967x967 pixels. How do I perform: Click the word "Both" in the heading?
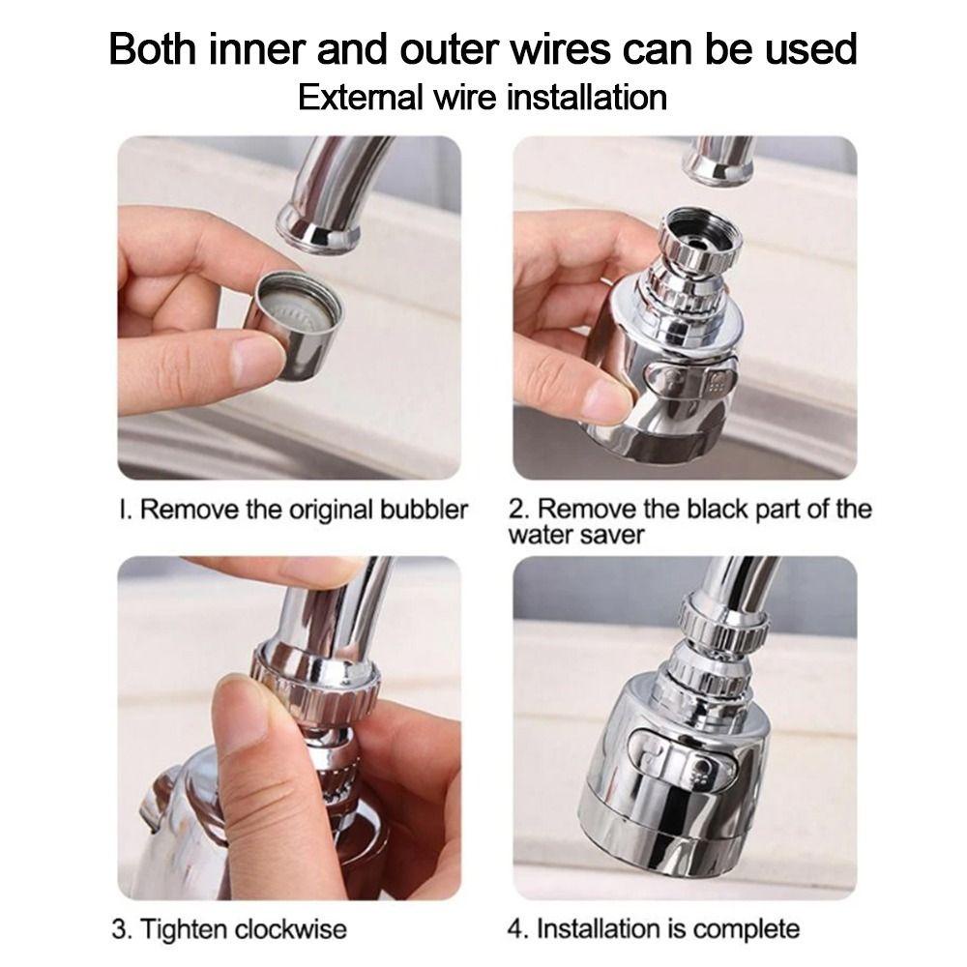pos(154,48)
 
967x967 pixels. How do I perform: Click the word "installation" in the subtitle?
pos(587,98)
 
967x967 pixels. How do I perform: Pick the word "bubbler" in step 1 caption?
pos(424,510)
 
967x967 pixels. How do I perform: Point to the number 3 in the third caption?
pos(118,928)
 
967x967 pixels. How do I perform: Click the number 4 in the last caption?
pos(515,928)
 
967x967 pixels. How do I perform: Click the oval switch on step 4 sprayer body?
pos(682,757)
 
